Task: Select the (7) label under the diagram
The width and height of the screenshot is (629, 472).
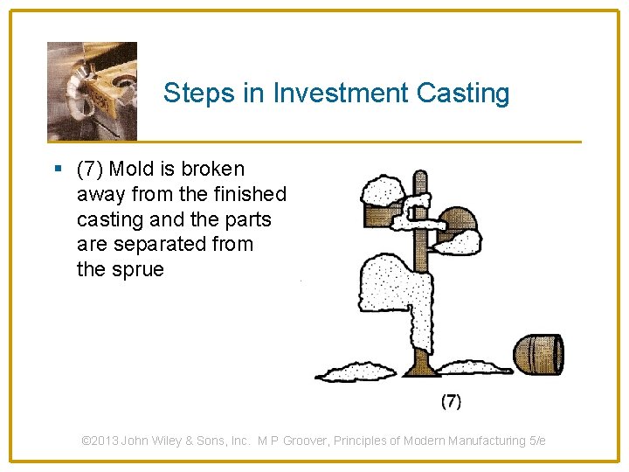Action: click(451, 401)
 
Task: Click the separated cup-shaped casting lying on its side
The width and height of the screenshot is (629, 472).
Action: click(537, 352)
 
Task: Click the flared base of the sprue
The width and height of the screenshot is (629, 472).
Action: click(419, 361)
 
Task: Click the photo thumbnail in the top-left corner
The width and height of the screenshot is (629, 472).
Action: click(92, 91)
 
